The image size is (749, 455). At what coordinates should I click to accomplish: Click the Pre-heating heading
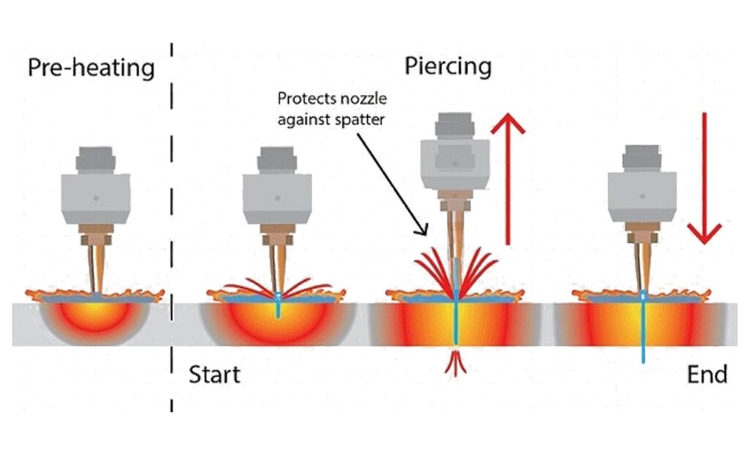(91, 68)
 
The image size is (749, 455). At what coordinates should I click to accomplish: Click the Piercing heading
(448, 67)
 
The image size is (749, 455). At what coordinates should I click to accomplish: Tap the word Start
(214, 375)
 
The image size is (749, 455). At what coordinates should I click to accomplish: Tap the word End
(707, 375)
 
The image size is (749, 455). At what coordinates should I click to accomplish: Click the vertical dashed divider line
(173, 219)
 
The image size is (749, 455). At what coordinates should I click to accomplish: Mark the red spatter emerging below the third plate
(457, 362)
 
